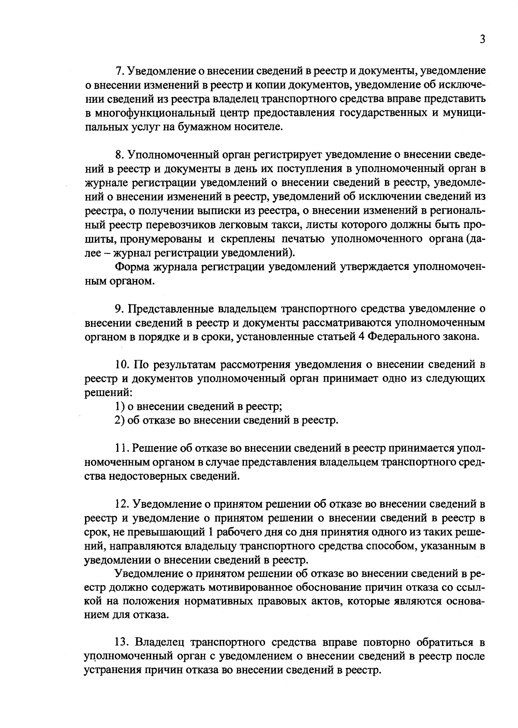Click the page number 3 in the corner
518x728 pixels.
point(483,39)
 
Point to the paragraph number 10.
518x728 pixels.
point(121,365)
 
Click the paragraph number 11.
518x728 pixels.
point(121,448)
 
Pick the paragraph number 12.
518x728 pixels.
point(121,504)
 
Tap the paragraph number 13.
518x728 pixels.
point(121,643)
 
